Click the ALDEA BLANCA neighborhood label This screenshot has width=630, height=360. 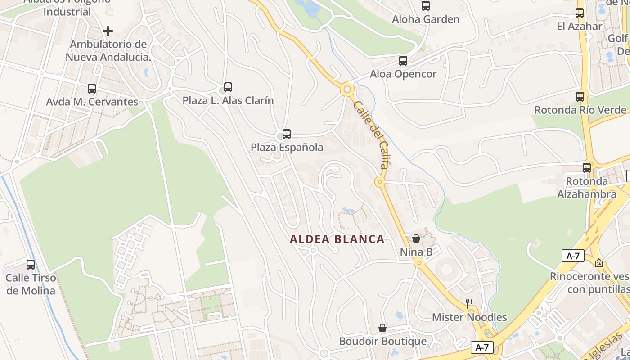(x=337, y=239)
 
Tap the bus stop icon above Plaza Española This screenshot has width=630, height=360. (x=287, y=134)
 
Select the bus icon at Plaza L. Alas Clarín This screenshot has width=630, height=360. (x=228, y=87)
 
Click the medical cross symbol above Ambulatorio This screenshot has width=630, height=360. (x=108, y=31)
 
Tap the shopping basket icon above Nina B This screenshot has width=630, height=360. (x=416, y=238)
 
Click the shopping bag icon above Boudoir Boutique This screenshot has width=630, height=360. (x=382, y=328)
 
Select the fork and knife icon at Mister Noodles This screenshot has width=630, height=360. (x=469, y=303)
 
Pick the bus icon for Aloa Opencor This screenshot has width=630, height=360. (x=403, y=60)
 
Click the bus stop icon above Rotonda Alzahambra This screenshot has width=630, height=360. (x=587, y=167)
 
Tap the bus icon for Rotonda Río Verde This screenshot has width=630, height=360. (x=580, y=96)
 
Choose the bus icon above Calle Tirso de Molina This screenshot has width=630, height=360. (x=31, y=264)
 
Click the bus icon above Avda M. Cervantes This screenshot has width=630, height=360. (x=92, y=88)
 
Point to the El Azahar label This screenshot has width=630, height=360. (x=579, y=26)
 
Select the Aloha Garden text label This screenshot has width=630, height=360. (x=426, y=19)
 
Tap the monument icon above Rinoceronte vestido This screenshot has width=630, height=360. (x=599, y=262)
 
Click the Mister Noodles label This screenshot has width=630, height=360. (x=469, y=317)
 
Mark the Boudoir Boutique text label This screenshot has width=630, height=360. (x=382, y=342)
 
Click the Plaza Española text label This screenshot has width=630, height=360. (x=287, y=147)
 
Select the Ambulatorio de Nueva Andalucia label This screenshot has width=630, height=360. (x=108, y=50)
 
